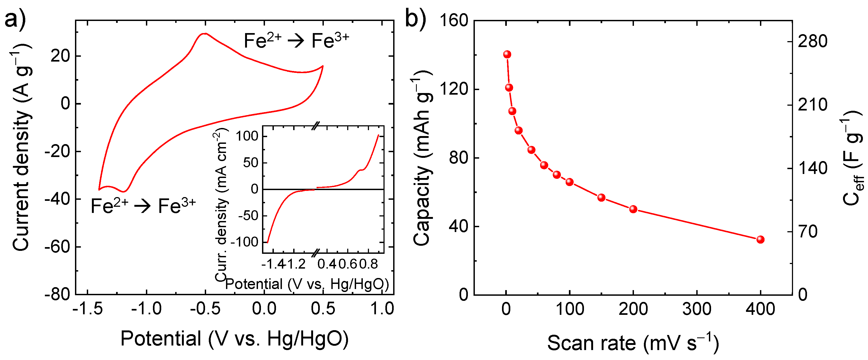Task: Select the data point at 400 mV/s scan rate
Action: coord(760,240)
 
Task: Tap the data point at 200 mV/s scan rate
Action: coord(633,209)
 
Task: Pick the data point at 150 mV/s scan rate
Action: coord(601,198)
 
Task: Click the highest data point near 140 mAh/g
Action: coord(507,54)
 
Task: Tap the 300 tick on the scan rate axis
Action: coord(697,309)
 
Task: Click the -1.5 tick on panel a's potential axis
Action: coord(88,309)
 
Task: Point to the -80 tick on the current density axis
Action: coord(57,294)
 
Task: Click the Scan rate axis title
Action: coord(633,343)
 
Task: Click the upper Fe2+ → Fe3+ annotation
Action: coord(296,41)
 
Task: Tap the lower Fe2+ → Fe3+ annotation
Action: coord(143,206)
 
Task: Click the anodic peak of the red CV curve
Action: coord(205,33)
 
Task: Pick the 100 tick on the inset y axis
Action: coord(247,136)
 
